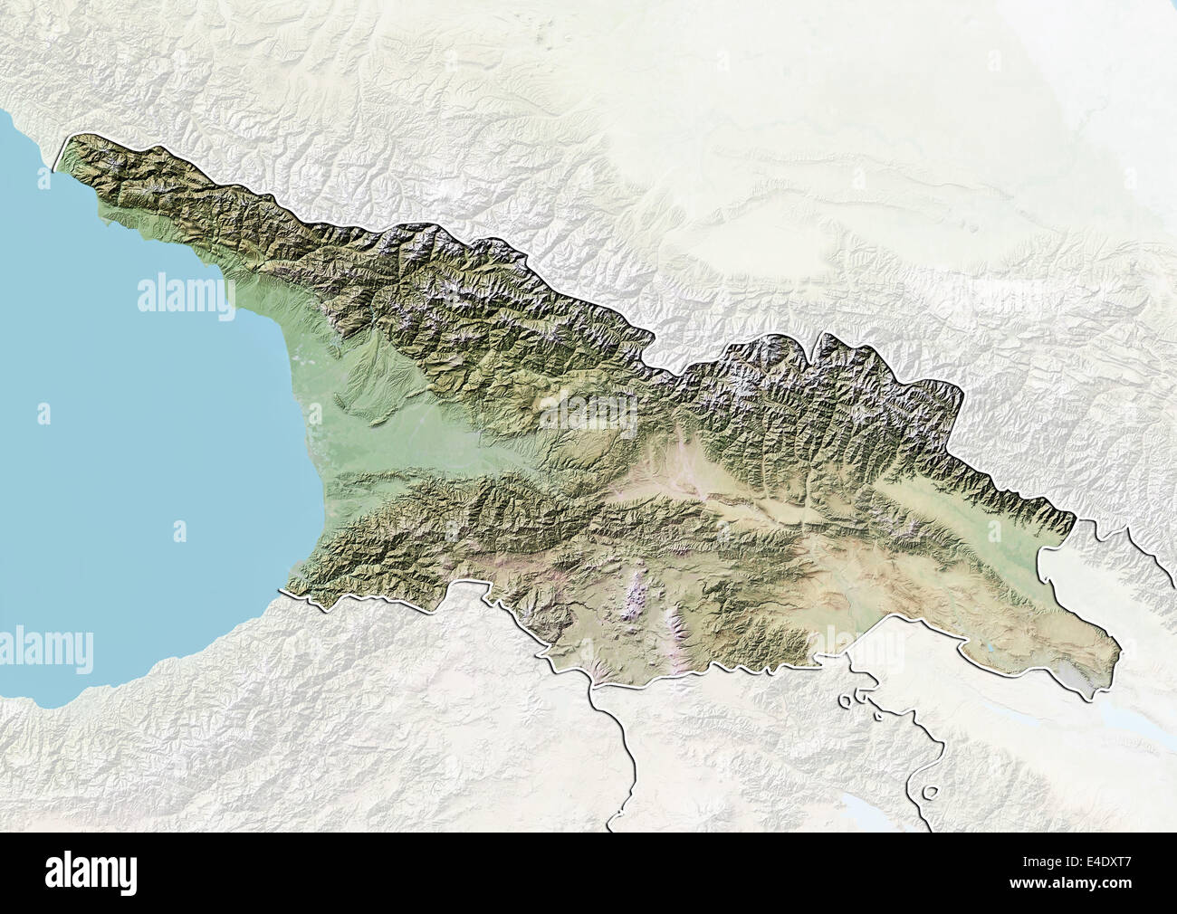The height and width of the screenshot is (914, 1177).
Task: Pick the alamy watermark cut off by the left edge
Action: coord(45,648)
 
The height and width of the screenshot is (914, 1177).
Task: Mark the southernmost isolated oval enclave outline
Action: coord(930,794)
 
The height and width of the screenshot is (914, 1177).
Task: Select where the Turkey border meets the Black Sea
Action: coord(288,591)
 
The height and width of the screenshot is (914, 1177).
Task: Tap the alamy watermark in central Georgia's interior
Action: coord(588,412)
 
